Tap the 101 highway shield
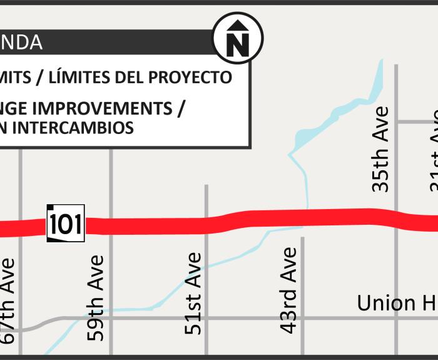(x=65, y=223)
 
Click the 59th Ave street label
(x=95, y=297)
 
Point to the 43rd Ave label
(x=288, y=289)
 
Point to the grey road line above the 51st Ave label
(x=206, y=200)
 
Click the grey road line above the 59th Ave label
(x=111, y=182)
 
